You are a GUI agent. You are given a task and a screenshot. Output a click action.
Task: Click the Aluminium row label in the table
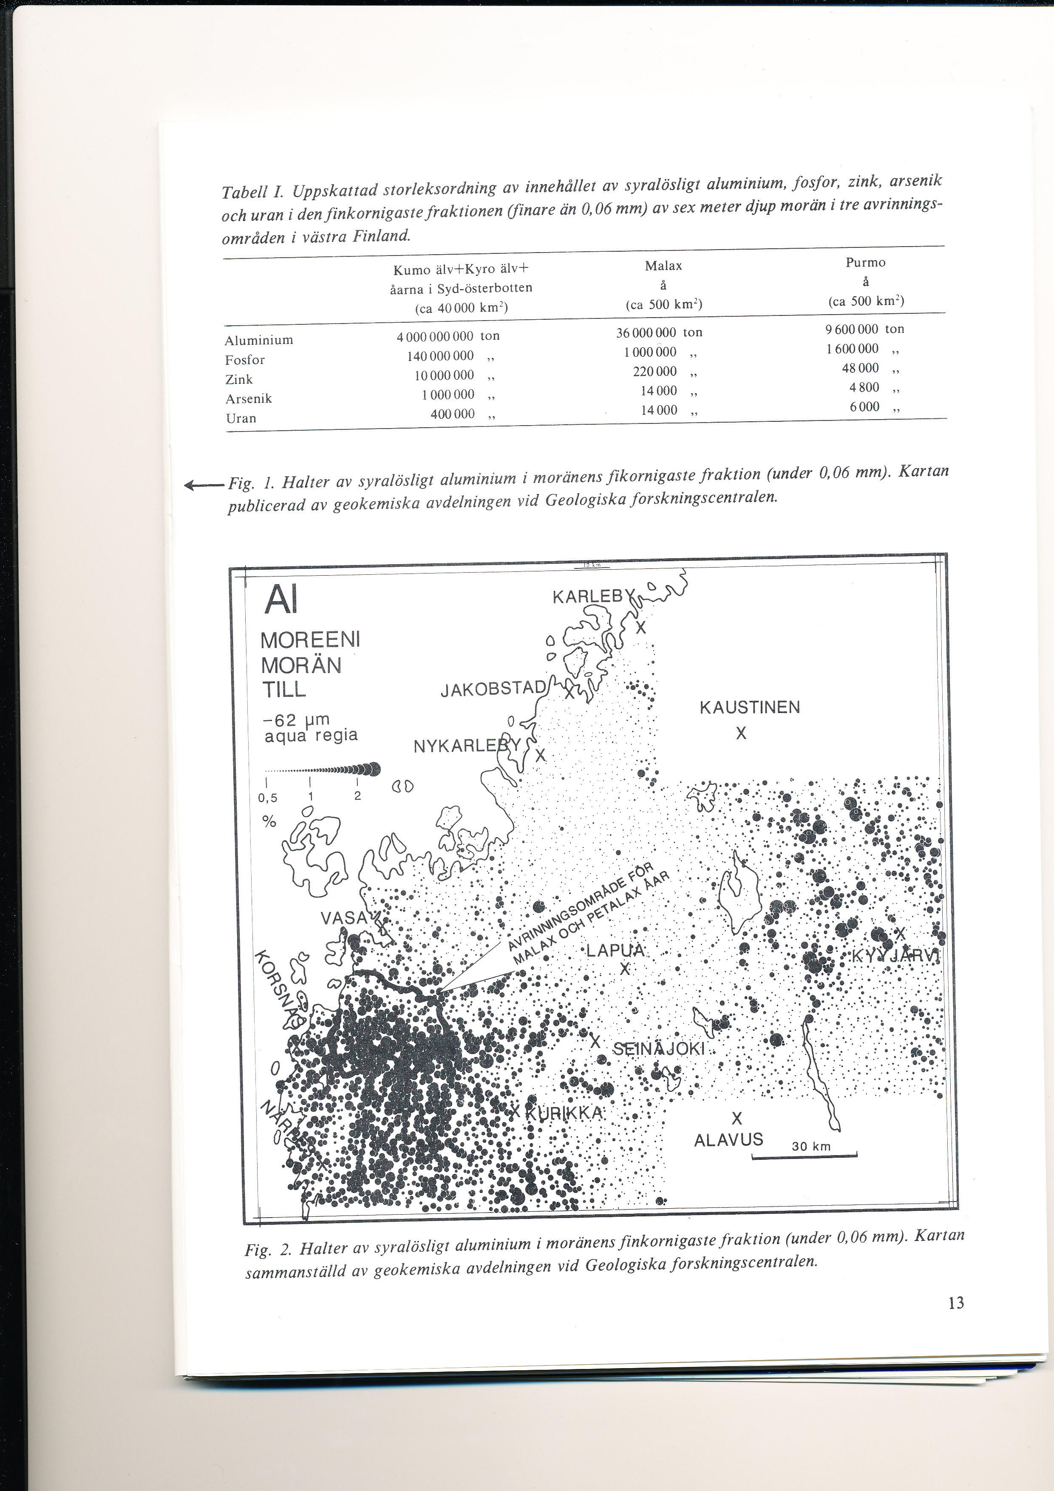coord(259,340)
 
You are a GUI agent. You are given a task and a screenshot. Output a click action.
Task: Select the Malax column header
coord(663,266)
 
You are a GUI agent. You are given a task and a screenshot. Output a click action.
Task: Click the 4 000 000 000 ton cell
coord(448,336)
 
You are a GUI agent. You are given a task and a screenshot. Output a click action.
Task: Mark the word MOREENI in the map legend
coord(310,640)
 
